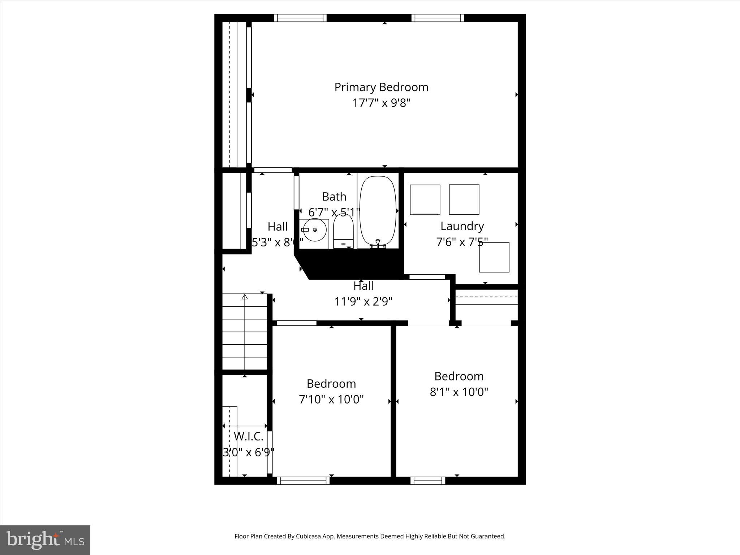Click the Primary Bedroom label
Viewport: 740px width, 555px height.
click(381, 87)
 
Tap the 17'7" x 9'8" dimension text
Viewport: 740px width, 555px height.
click(381, 103)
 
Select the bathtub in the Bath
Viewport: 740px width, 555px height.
click(378, 210)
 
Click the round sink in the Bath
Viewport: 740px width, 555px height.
click(314, 230)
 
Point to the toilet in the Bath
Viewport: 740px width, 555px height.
click(343, 231)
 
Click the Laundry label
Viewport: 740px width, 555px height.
click(462, 226)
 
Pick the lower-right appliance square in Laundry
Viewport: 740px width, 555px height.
click(494, 257)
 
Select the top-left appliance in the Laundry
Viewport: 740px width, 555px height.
click(425, 199)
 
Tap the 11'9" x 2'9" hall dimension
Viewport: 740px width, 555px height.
click(363, 301)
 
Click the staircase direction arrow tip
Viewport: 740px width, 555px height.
click(245, 297)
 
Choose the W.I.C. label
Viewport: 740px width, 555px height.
click(249, 436)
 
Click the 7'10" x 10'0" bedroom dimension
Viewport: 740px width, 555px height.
click(331, 400)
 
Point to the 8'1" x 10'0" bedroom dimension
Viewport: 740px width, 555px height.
click(459, 392)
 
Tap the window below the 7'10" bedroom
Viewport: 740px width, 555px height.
click(303, 480)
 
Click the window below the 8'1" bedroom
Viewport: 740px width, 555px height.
click(428, 480)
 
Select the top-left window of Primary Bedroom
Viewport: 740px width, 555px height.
click(300, 18)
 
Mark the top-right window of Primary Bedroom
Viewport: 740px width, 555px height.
click(438, 18)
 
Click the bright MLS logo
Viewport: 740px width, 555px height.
click(45, 540)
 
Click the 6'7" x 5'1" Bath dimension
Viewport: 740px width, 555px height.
click(334, 212)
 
